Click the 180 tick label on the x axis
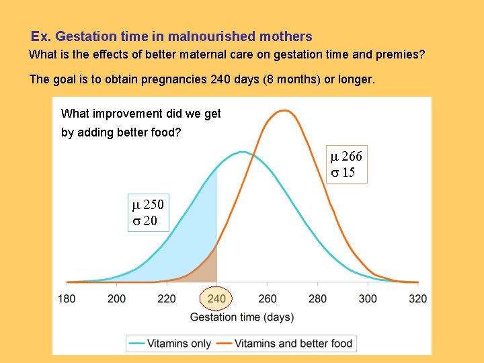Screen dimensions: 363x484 (x=67, y=298)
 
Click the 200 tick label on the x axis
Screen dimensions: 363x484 (x=116, y=298)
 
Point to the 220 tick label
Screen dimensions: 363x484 (x=167, y=298)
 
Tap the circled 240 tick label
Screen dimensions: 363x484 (x=216, y=298)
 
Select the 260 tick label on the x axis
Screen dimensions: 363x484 (x=267, y=298)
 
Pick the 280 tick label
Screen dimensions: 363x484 (x=317, y=298)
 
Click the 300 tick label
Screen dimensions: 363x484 (x=368, y=298)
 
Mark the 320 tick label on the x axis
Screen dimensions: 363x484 (x=417, y=298)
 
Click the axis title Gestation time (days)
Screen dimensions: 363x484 (x=242, y=317)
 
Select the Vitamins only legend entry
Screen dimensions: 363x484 (x=171, y=343)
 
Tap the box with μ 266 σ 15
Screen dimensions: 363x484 (x=346, y=165)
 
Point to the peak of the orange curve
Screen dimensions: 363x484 (x=285, y=111)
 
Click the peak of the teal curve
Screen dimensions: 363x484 (x=241, y=153)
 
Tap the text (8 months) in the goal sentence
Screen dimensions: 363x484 (x=292, y=79)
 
